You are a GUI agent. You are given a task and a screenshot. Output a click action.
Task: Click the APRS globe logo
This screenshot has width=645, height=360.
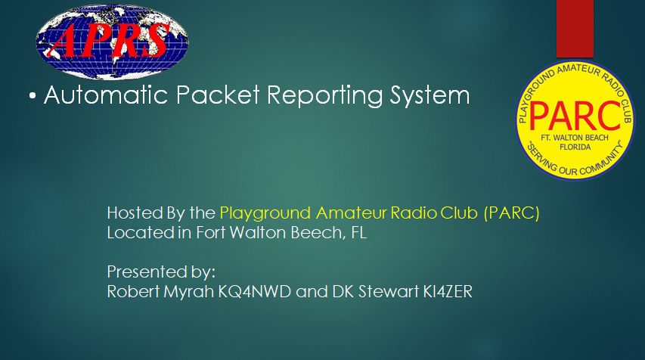point(112,42)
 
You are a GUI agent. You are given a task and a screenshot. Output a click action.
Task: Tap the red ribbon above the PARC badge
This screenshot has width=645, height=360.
point(575,29)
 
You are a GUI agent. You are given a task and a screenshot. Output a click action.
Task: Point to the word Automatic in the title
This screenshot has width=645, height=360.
point(106,95)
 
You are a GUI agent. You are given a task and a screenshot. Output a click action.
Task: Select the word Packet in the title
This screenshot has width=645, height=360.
point(218,95)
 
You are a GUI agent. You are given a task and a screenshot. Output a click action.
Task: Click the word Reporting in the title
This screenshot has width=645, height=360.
point(325,96)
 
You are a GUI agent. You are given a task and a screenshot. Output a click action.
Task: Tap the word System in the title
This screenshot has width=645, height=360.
point(429,96)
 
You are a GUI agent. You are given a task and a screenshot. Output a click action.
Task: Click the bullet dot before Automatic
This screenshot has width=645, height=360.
point(33,96)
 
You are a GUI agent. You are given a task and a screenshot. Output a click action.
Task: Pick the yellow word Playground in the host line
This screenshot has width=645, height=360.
point(265,213)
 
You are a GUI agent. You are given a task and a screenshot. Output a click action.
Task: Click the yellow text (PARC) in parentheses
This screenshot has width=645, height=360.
point(512,213)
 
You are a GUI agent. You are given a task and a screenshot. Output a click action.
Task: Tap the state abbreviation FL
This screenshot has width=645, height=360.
point(359,232)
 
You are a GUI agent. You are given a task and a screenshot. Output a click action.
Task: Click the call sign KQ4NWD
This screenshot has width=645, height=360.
point(255,291)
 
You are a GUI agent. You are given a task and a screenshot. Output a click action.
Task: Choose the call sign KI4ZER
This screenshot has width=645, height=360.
point(448,291)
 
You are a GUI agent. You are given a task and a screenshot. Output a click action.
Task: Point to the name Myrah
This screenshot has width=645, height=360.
point(189,292)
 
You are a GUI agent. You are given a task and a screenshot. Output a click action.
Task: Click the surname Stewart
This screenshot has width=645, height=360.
point(389,291)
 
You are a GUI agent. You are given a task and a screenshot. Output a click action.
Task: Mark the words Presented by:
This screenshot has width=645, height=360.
point(161,272)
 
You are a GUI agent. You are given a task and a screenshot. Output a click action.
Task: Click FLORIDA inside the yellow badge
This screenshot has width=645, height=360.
point(575,147)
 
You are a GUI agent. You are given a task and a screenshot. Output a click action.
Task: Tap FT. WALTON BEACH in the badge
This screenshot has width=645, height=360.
point(575,138)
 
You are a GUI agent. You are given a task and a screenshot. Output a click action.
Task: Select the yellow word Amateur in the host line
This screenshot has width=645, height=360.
point(352,213)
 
